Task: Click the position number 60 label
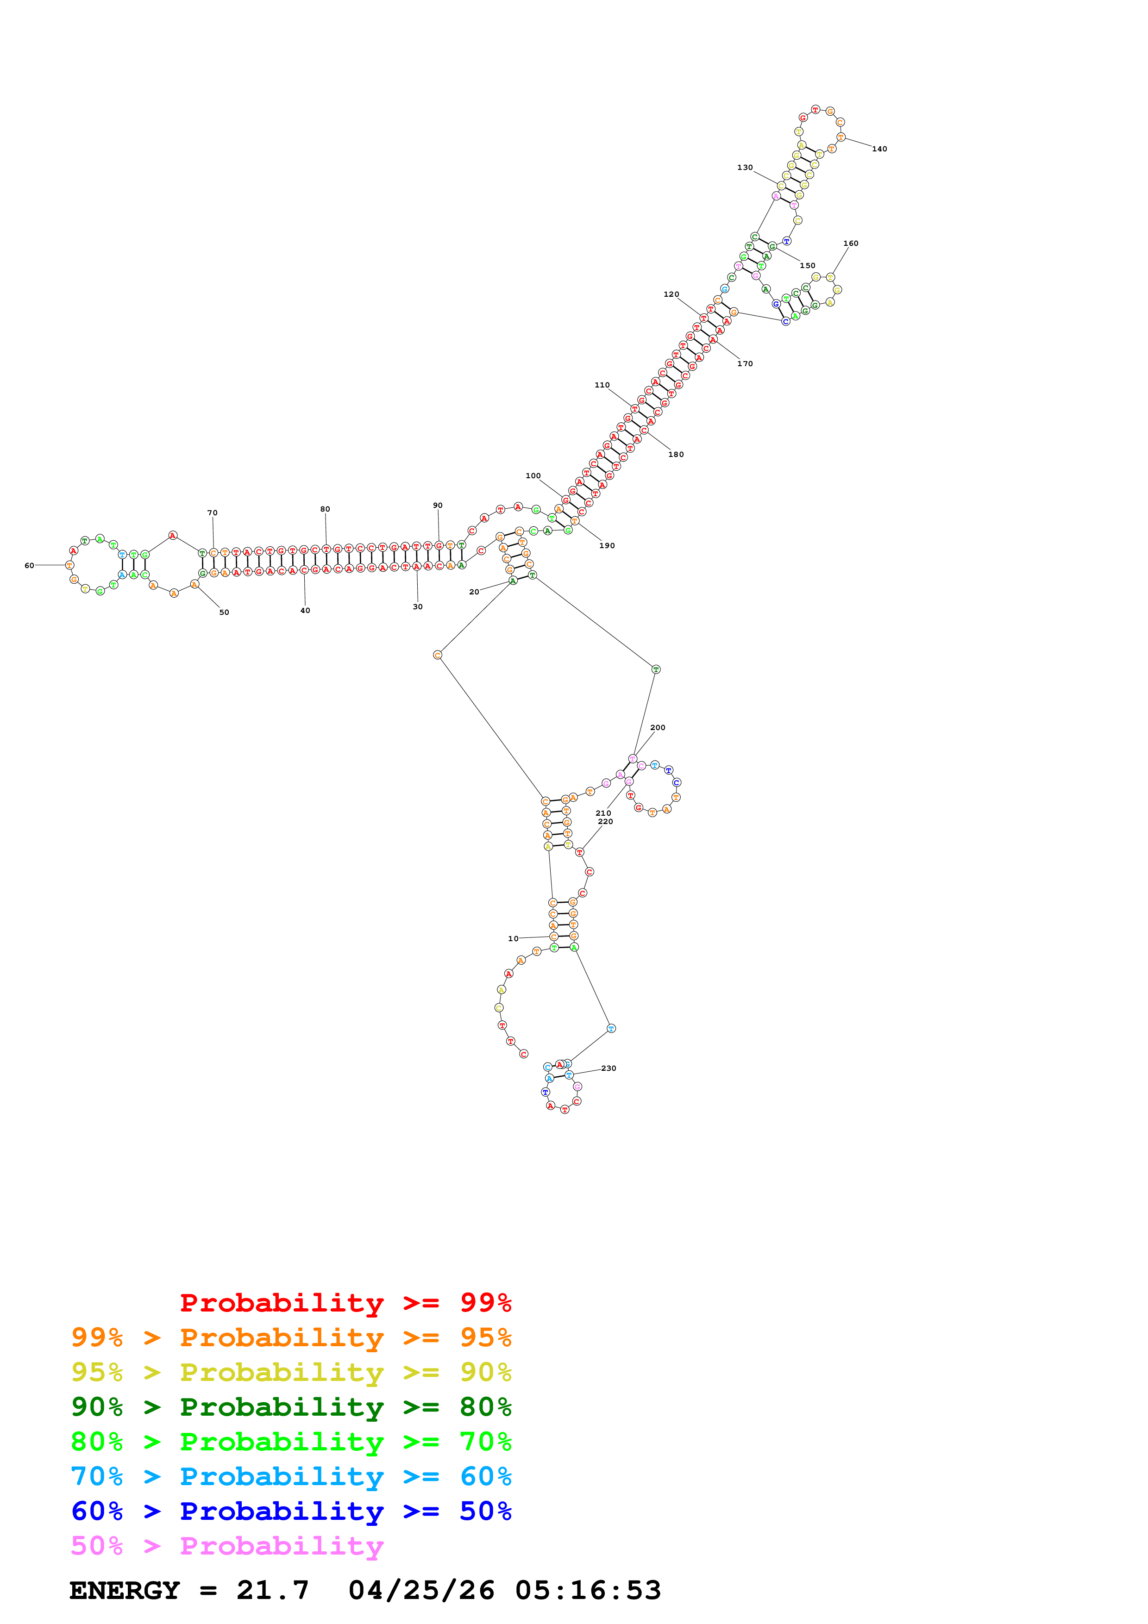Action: pyautogui.click(x=29, y=566)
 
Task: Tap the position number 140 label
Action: pyautogui.click(x=879, y=149)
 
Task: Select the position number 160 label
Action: pyautogui.click(x=850, y=244)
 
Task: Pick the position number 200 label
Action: pyautogui.click(x=657, y=727)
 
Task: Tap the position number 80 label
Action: pyautogui.click(x=325, y=509)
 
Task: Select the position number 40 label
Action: pyautogui.click(x=305, y=611)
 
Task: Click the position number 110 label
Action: pyautogui.click(x=602, y=386)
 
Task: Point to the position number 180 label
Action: pyautogui.click(x=676, y=455)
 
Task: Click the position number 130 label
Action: pyautogui.click(x=745, y=168)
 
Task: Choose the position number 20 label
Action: pyautogui.click(x=474, y=592)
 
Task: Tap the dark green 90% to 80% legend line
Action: pyautogui.click(x=291, y=1407)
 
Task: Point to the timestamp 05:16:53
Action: pyautogui.click(x=588, y=1590)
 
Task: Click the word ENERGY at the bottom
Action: pyautogui.click(x=125, y=1590)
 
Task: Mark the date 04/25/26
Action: pyautogui.click(x=421, y=1590)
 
